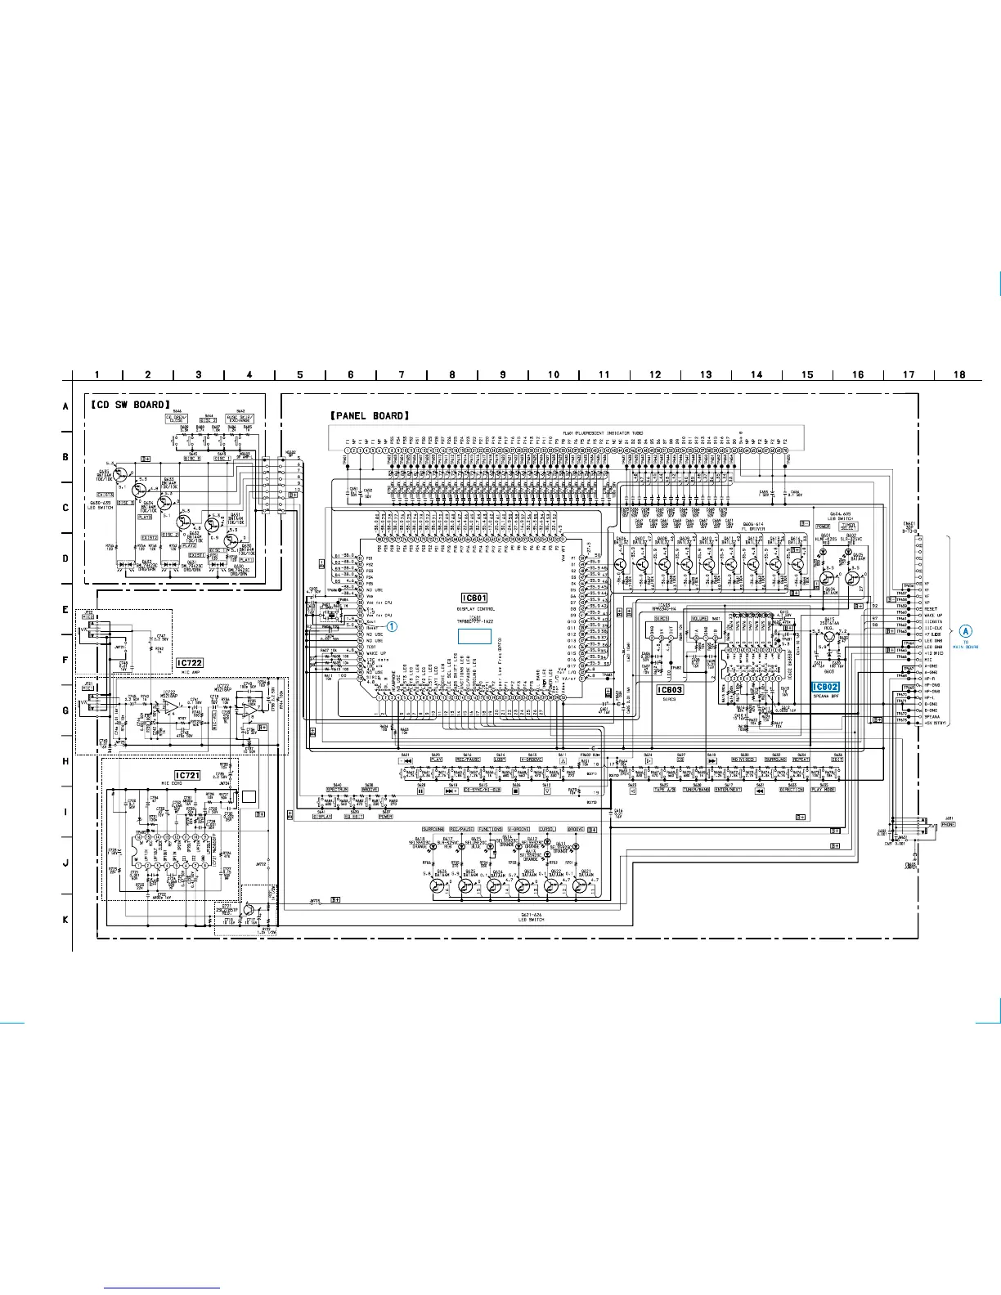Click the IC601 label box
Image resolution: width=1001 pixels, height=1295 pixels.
474,598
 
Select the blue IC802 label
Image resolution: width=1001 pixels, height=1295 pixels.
825,687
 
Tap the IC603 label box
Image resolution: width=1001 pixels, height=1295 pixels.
671,689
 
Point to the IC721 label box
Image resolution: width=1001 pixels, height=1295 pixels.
187,775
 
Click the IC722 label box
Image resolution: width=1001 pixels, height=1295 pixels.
190,663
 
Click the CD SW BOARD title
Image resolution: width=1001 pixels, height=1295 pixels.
129,404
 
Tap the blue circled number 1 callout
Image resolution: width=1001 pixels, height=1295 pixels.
392,627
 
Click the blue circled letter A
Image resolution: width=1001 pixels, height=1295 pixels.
966,630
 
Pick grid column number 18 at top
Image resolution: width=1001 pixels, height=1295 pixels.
960,374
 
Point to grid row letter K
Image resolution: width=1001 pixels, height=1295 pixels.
65,920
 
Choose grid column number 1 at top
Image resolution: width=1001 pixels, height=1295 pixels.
97,374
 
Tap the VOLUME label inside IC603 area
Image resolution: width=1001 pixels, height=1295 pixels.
700,619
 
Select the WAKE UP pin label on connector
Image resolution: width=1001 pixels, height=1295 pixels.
934,615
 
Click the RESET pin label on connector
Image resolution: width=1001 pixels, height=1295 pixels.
932,608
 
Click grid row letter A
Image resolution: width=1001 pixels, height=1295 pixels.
65,406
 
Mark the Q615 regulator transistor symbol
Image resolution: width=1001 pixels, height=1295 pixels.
829,636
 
